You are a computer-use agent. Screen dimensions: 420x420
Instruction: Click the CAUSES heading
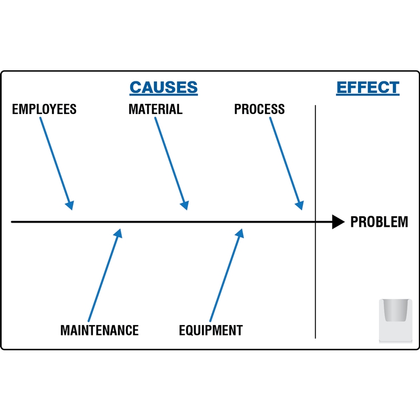point(164,87)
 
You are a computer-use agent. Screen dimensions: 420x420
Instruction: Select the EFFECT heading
point(368,87)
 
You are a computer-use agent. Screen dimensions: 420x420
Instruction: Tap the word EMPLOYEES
point(44,109)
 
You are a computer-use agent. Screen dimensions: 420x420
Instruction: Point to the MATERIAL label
point(155,109)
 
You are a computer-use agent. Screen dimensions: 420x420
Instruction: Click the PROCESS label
point(259,109)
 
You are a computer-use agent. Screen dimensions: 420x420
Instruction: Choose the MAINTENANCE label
point(99,330)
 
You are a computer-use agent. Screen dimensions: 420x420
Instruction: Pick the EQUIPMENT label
point(211,330)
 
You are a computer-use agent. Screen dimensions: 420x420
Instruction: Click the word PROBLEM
point(379,222)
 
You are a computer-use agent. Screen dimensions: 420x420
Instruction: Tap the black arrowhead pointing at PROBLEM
point(338,222)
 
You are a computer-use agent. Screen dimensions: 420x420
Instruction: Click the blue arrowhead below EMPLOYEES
point(70,205)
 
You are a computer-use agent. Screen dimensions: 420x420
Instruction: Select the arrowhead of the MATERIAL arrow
point(185,205)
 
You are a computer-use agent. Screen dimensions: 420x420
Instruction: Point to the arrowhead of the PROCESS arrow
point(300,205)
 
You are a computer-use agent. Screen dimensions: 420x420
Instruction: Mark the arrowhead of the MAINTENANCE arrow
point(118,233)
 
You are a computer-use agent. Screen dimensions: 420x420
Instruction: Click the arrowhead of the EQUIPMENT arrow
point(240,233)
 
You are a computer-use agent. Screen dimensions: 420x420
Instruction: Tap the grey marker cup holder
point(396,321)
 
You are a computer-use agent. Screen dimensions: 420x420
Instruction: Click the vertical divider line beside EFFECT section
point(316,222)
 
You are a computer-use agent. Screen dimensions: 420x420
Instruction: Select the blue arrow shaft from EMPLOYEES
point(55,160)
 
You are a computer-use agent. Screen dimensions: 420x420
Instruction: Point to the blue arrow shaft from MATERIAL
point(170,160)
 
